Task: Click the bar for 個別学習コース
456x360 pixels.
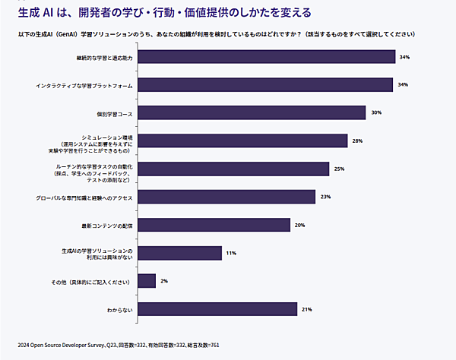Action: click(252, 112)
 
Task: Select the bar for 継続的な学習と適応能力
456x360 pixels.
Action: click(266, 57)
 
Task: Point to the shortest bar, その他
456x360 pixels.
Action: click(147, 281)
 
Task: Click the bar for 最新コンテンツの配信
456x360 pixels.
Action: click(214, 225)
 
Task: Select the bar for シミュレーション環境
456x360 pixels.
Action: click(242, 141)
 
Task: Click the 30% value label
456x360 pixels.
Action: click(375, 112)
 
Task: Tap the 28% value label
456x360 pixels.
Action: click(357, 141)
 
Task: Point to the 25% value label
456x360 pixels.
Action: click(339, 169)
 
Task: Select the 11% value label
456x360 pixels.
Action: click(231, 253)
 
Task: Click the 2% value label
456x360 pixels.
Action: click(164, 281)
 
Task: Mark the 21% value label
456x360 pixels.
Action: click(307, 309)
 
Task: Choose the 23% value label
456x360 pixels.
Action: click(325, 197)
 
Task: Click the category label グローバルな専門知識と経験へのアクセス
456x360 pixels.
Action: click(84, 197)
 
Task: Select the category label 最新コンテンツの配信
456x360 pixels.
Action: click(108, 226)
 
